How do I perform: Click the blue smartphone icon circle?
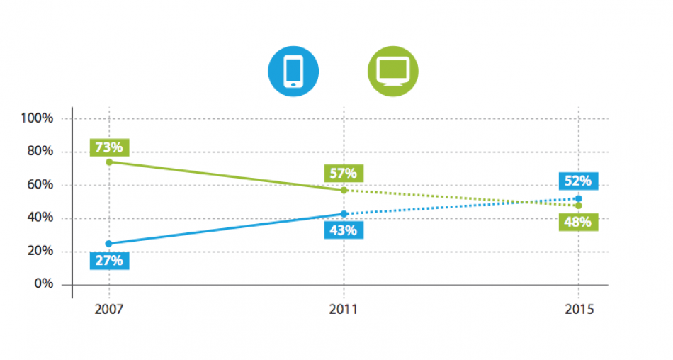(293, 72)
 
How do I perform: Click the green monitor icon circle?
(393, 72)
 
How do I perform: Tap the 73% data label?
(108, 147)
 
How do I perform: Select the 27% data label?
(108, 260)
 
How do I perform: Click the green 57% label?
(343, 173)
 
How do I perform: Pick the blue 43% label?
(343, 230)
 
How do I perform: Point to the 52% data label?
(578, 181)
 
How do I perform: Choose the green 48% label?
(578, 222)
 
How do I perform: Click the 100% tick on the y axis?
(38, 118)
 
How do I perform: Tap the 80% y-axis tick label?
(40, 151)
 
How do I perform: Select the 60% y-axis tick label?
(40, 184)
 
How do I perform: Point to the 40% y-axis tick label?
(40, 218)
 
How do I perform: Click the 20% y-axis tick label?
(40, 251)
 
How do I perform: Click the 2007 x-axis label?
(108, 310)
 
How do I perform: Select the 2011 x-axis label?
(344, 310)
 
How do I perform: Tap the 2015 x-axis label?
(579, 310)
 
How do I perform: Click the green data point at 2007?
(108, 162)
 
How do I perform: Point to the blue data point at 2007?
(108, 244)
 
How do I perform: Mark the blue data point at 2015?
(579, 198)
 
